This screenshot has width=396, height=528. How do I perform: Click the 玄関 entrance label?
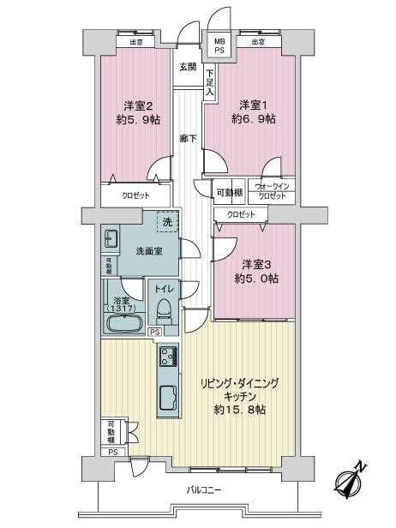(188, 67)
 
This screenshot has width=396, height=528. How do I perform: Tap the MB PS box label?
(220, 45)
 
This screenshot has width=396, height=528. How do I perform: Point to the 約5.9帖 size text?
(138, 119)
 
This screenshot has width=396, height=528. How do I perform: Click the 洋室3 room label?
(256, 265)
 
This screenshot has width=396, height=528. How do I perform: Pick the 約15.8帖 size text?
(240, 410)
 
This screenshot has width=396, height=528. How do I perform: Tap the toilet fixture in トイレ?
(164, 310)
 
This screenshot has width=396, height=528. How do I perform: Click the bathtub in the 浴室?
(124, 323)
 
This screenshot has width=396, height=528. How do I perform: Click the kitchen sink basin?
(168, 399)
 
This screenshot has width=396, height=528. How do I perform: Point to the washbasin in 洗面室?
(110, 239)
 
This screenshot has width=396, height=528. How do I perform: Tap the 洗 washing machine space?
(167, 221)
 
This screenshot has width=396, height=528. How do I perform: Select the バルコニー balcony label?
(204, 489)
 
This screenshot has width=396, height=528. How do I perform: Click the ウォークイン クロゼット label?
(271, 191)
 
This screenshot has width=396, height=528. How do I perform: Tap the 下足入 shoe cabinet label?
(210, 83)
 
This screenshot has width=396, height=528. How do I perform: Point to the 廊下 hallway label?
(188, 138)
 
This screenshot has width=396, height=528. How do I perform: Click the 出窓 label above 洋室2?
(135, 42)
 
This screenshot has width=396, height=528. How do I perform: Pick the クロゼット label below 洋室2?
(135, 195)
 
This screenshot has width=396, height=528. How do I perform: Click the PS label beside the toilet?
(154, 332)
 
